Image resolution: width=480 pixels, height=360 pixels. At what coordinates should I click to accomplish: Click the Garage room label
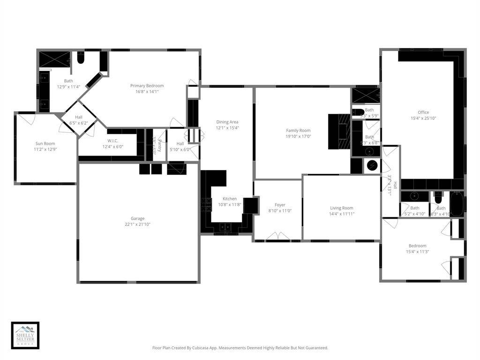(x=137, y=218)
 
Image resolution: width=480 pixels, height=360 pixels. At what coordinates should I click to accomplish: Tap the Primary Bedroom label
(x=147, y=86)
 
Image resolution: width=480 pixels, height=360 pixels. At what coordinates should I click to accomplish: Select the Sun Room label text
(x=45, y=143)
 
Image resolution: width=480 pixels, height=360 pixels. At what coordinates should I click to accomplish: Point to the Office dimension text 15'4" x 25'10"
(x=423, y=119)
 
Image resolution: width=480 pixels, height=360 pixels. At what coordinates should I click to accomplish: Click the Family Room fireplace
(x=339, y=131)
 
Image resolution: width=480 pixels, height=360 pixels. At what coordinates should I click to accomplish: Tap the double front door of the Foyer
(x=277, y=236)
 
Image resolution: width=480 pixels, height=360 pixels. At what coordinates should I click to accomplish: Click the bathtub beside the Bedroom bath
(x=457, y=204)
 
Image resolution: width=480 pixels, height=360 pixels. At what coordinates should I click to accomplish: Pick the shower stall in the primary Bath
(x=54, y=60)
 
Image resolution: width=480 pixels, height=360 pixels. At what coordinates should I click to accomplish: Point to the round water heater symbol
(x=373, y=166)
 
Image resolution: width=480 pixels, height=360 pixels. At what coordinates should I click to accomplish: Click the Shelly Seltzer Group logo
(x=25, y=336)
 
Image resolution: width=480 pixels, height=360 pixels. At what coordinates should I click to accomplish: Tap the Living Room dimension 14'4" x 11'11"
(x=342, y=214)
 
